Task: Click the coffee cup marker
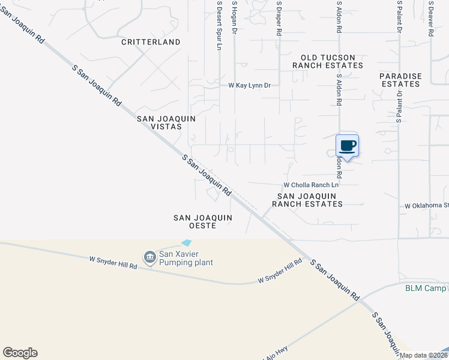coord(348,145)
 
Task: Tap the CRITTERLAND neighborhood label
coord(151,42)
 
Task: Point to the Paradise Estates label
coord(400,80)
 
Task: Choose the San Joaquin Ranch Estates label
coord(307,200)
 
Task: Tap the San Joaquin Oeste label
coord(194,221)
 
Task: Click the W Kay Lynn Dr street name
coord(249,85)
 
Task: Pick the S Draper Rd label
coord(279,18)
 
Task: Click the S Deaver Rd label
coord(431,18)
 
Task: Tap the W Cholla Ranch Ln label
coord(311,185)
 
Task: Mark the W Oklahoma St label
coord(426,206)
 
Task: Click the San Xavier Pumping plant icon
coord(149,257)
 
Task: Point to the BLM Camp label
coord(426,288)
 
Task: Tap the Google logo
coord(20,353)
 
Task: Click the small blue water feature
coord(187,242)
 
